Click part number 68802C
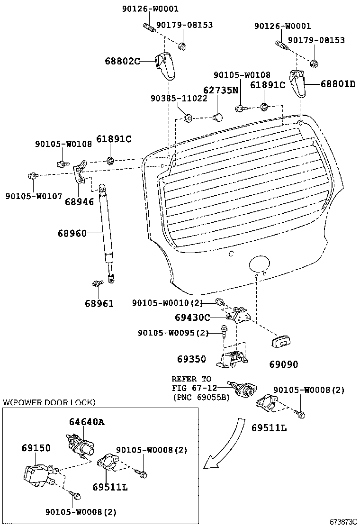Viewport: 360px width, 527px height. (x=122, y=61)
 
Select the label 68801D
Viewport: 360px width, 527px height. (x=338, y=83)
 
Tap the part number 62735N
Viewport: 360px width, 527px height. (x=221, y=90)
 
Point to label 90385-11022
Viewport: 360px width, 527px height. (x=179, y=98)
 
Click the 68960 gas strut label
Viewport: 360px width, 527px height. (x=72, y=233)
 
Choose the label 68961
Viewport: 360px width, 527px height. (x=99, y=303)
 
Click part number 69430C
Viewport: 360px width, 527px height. (x=192, y=317)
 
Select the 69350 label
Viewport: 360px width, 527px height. (x=191, y=359)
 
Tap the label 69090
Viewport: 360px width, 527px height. (x=283, y=364)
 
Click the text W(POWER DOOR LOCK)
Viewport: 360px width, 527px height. (x=49, y=402)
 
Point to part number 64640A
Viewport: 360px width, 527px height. (x=87, y=421)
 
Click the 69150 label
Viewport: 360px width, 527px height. (x=36, y=448)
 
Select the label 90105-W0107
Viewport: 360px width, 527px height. (x=34, y=196)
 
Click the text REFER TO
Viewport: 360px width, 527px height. (x=191, y=379)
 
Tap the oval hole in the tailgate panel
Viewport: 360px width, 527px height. (x=259, y=263)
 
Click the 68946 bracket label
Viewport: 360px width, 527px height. (x=79, y=201)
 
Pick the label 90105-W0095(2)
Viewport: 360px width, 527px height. (x=173, y=333)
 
